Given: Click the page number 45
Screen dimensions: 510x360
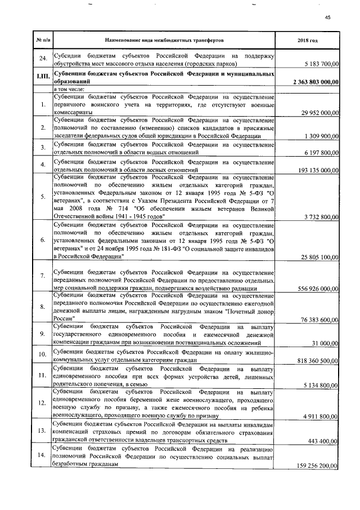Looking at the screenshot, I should pyautogui.click(x=327, y=17).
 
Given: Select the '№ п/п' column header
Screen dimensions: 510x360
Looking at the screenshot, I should pyautogui.click(x=43, y=41).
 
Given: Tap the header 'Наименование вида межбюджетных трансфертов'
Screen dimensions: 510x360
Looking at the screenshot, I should pyautogui.click(x=164, y=41).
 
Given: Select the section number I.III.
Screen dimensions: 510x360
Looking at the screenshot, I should pyautogui.click(x=43, y=78).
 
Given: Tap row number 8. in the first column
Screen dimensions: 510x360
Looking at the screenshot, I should pyautogui.click(x=43, y=306).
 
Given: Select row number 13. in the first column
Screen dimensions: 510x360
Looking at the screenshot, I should pyautogui.click(x=43, y=431).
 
